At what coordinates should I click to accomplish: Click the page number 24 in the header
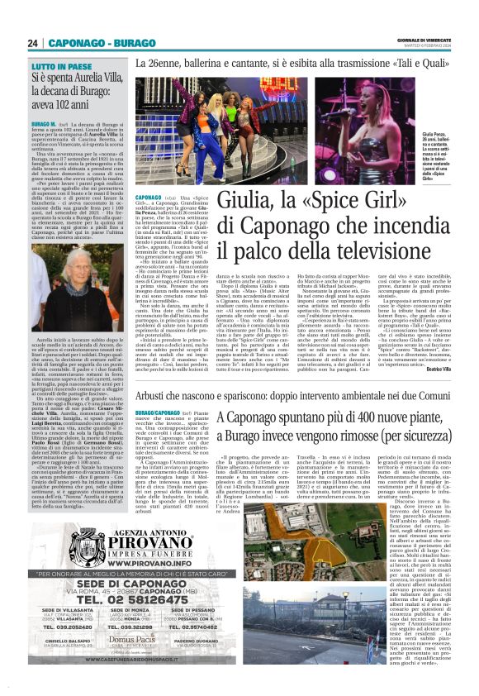[x=34, y=43]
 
